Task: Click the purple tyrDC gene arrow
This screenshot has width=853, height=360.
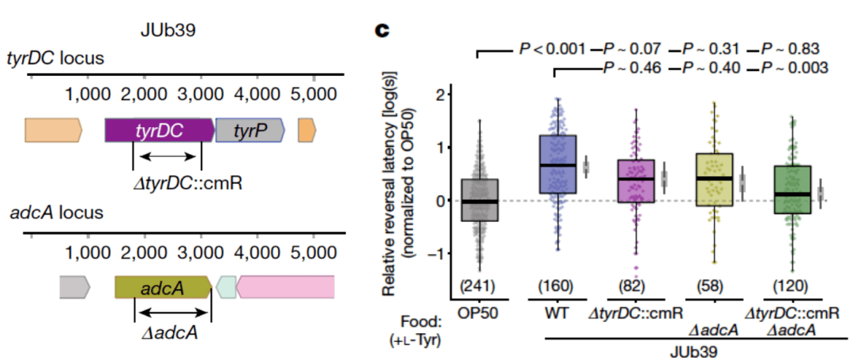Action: click(x=160, y=130)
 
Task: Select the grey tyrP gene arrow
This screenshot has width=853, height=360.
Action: click(x=250, y=130)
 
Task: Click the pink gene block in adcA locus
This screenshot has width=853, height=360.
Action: click(x=285, y=287)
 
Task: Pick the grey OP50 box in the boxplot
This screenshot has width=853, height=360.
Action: click(x=480, y=200)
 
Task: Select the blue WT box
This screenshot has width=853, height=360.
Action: click(x=558, y=164)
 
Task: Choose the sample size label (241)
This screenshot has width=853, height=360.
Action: click(x=479, y=286)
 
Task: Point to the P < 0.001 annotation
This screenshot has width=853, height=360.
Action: click(x=552, y=50)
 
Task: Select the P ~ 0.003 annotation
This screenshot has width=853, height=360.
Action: click(x=795, y=68)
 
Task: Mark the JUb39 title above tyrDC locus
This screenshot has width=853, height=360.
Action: click(x=167, y=31)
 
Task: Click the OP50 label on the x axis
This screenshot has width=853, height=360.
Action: click(x=479, y=313)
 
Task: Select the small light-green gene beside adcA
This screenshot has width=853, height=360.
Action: click(x=227, y=287)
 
